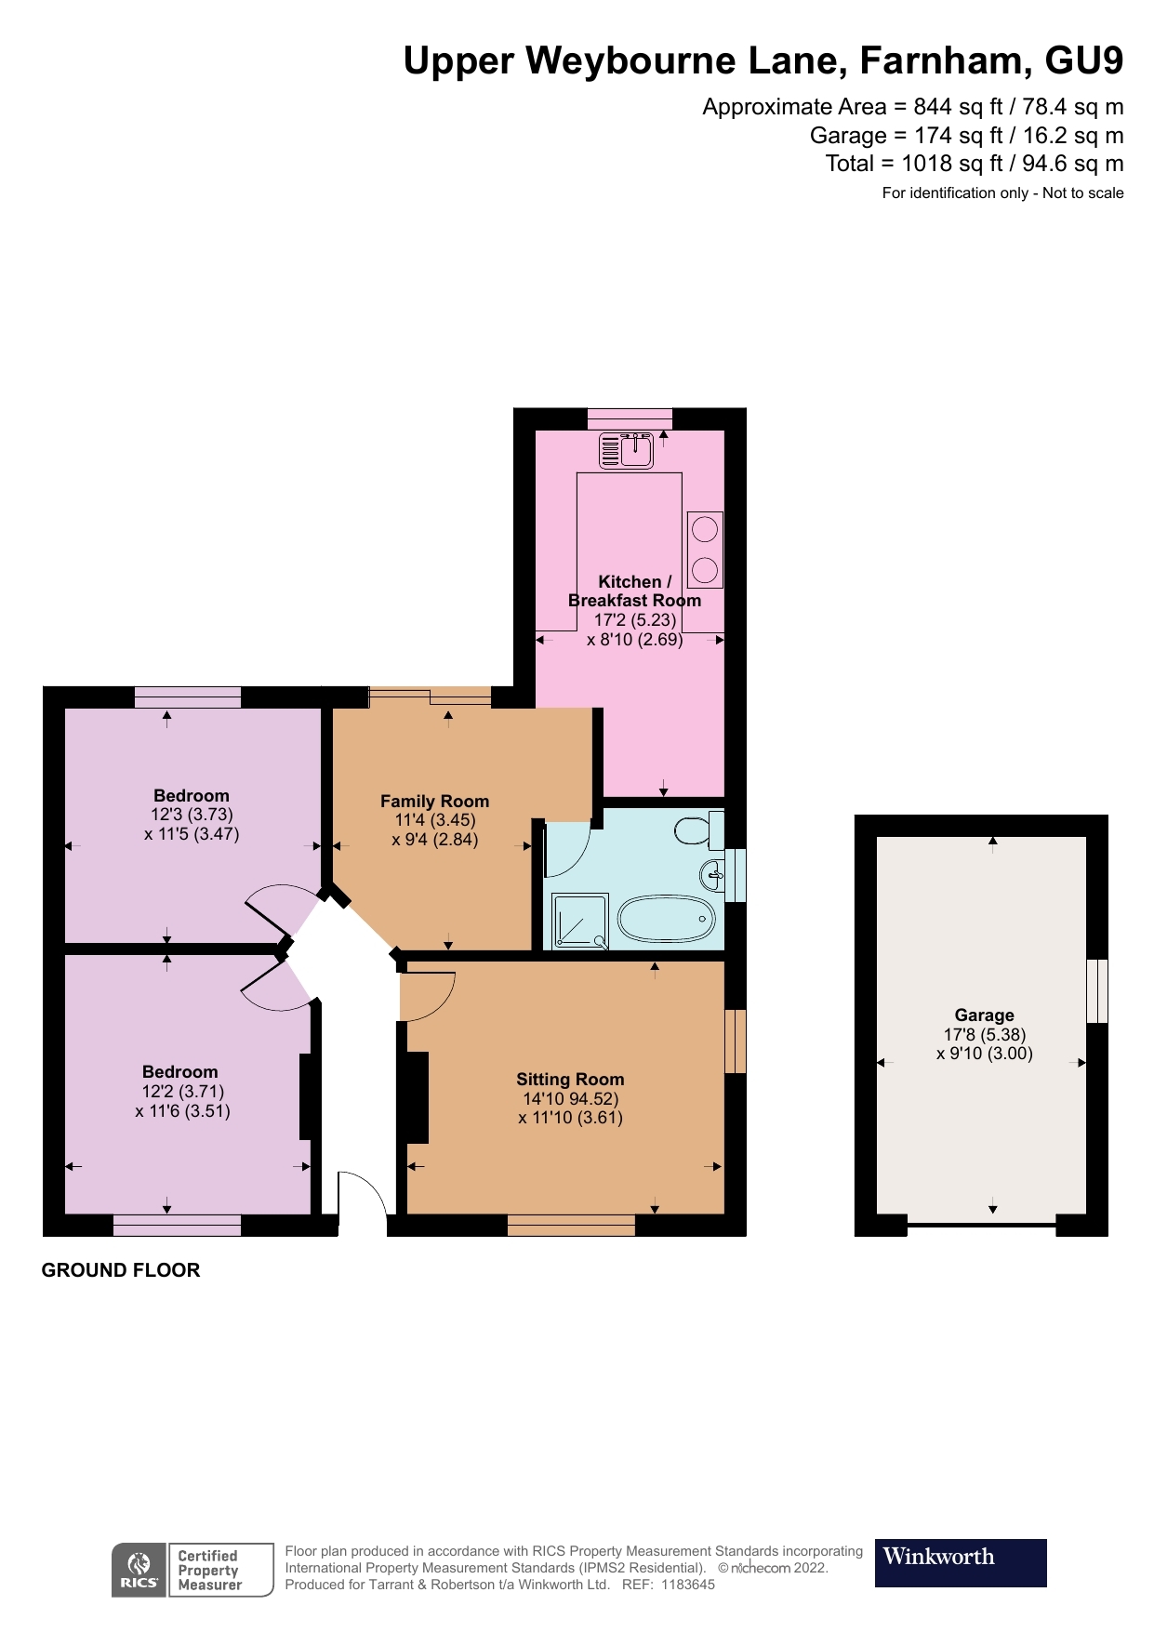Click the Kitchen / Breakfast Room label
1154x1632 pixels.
[634, 590]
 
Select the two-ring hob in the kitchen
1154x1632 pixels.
[705, 549]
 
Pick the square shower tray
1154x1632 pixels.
[580, 921]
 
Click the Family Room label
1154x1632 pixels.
[434, 801]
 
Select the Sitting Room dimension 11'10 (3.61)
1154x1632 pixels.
[570, 1118]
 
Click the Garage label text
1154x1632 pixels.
[984, 1015]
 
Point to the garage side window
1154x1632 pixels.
[1097, 990]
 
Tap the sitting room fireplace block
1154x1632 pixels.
[416, 1097]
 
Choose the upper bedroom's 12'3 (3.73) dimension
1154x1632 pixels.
[192, 815]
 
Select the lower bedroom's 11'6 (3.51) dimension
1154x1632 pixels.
[182, 1111]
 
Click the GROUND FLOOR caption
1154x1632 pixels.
[121, 1270]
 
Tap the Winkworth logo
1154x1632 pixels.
[960, 1562]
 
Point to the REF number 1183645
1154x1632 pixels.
[688, 1585]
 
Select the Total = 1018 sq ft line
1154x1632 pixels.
[974, 164]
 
